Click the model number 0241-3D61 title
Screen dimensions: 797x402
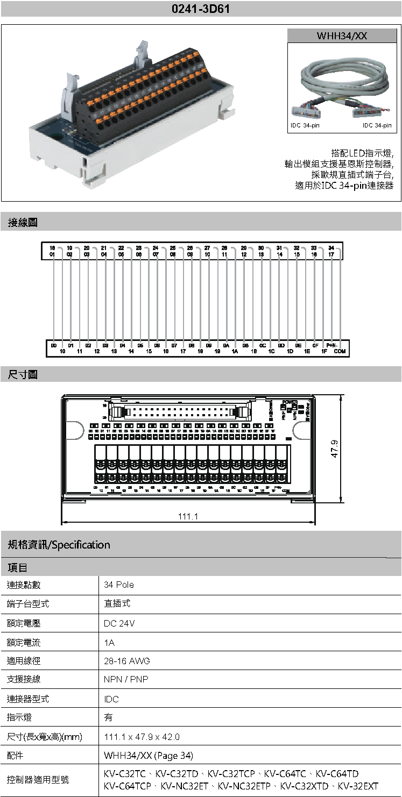[x=201, y=9]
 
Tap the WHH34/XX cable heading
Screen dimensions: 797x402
[x=341, y=36]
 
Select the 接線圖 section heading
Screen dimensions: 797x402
[x=23, y=222]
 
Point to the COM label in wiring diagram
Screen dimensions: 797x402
[x=340, y=351]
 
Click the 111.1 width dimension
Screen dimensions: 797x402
[x=188, y=516]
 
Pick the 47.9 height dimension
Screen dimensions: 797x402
[x=334, y=449]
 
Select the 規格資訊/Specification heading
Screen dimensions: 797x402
[x=59, y=545]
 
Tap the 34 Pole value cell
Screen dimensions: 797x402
[x=119, y=585]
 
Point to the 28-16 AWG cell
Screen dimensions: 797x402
[x=126, y=661]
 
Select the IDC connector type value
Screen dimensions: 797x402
[x=111, y=699]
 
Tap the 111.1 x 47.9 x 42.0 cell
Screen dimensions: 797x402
[x=142, y=737]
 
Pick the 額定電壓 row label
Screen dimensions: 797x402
[x=24, y=623]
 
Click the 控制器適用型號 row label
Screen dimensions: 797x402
[x=38, y=779]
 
